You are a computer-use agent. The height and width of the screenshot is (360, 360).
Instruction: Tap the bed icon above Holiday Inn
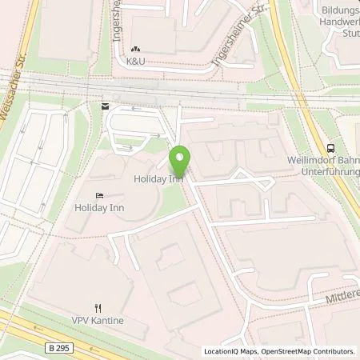(99, 195)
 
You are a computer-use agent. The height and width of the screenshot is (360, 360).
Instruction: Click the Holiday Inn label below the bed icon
(99, 208)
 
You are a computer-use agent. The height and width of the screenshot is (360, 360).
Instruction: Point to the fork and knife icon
(98, 308)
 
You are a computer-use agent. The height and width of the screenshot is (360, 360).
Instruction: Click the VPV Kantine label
(99, 321)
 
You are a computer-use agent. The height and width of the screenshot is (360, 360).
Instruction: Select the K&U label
(135, 60)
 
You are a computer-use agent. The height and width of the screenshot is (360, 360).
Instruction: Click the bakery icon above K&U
(135, 48)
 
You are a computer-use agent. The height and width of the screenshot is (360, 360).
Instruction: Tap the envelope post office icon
(104, 105)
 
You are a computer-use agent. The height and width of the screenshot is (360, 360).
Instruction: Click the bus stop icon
(330, 147)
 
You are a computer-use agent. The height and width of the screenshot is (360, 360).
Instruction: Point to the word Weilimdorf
(309, 159)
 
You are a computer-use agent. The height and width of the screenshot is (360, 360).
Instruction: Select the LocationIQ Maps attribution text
(229, 351)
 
